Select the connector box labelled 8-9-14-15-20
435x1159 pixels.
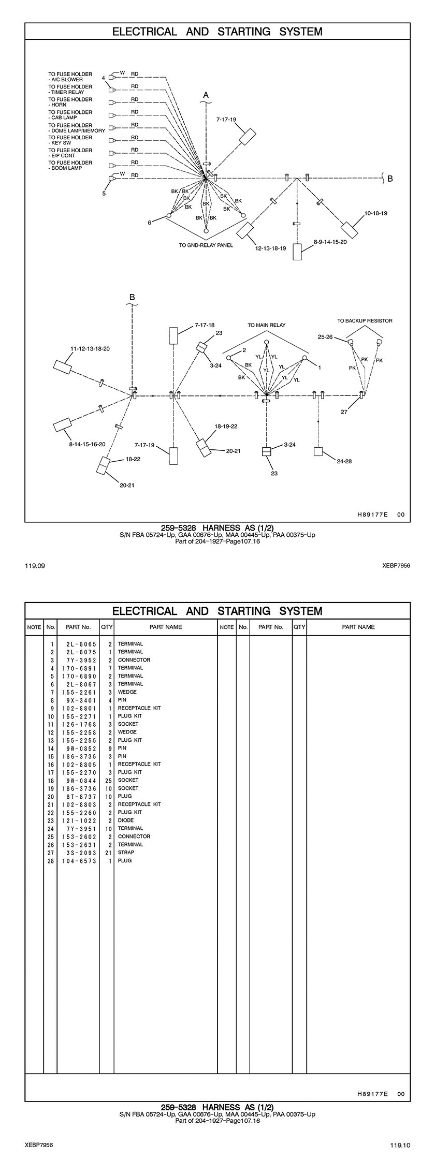tap(297, 252)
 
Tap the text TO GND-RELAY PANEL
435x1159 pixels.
tap(206, 245)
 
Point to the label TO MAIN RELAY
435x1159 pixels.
tap(266, 325)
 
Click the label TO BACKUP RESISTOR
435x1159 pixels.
tap(365, 321)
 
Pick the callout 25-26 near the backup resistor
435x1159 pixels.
tap(325, 337)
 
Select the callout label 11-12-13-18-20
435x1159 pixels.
tap(90, 349)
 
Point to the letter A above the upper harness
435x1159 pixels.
tap(206, 95)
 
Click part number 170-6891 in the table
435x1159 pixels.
tap(79, 668)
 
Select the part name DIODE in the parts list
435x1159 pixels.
tap(126, 820)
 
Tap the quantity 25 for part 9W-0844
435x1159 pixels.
tap(107, 780)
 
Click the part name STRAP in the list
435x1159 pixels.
tap(126, 852)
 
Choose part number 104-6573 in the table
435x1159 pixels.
tap(79, 860)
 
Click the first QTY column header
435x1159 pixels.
tap(107, 627)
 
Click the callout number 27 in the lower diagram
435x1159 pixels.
tap(344, 412)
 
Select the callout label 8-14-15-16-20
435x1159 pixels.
tap(87, 444)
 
